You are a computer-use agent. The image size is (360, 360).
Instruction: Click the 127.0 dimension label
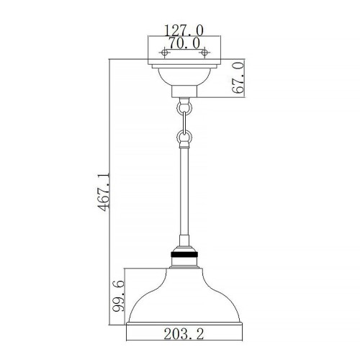184,30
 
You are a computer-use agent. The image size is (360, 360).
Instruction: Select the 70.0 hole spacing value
184,42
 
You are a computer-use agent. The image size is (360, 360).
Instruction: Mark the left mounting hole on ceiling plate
165,53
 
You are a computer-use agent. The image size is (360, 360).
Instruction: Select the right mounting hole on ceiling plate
204,53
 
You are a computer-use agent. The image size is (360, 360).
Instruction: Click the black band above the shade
184,254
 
